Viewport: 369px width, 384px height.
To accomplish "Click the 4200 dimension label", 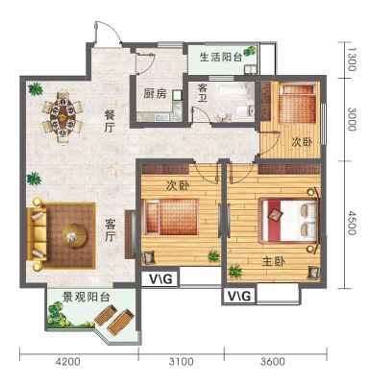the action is click(67, 362).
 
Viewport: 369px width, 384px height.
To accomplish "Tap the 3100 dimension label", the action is click(182, 362).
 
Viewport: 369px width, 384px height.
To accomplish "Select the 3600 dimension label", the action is click(273, 362).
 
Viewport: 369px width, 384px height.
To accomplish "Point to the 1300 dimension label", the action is click(352, 60).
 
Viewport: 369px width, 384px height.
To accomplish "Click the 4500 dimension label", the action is click(352, 223).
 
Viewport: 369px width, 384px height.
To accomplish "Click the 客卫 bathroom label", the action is click(202, 93).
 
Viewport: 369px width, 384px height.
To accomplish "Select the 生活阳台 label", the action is click(221, 58).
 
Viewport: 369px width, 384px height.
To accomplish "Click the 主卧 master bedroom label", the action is click(273, 262).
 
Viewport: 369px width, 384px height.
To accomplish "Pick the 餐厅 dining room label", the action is click(110, 121).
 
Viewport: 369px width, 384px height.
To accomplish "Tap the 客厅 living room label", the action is click(111, 230).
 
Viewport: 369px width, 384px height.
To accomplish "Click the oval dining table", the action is click(61, 117).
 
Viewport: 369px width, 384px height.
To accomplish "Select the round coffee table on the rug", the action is click(75, 235).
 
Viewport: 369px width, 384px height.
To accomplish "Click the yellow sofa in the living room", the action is click(37, 234).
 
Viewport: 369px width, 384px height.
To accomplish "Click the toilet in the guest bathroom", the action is click(245, 110).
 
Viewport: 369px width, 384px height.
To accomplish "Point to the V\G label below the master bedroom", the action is click(239, 296).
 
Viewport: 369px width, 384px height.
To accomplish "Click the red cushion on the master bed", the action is click(275, 214).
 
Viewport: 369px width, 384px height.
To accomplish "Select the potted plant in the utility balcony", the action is click(250, 50).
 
